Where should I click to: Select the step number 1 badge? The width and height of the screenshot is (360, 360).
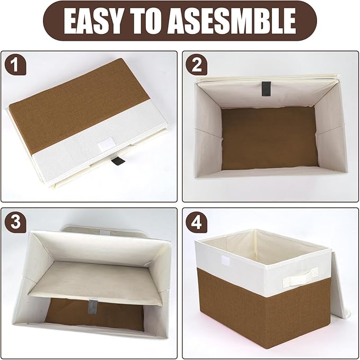15,65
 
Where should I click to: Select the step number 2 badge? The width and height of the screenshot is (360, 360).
197,65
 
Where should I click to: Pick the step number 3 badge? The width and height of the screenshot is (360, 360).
15,222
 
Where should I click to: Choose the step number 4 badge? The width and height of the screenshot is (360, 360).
197,222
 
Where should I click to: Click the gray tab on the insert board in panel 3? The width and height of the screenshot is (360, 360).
93,306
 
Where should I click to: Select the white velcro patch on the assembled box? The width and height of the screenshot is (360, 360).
223,261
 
